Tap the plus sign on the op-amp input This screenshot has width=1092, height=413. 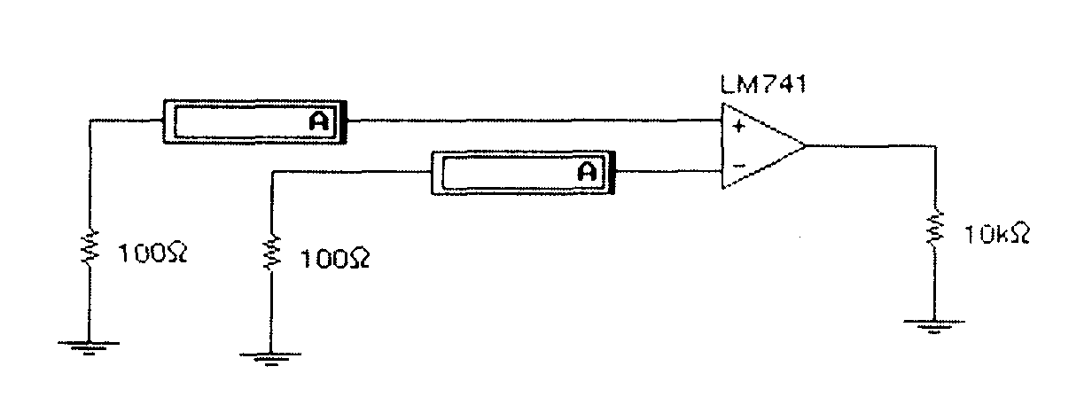tap(737, 126)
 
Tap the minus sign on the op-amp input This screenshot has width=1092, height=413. tap(737, 165)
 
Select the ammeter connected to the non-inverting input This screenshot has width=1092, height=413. tap(254, 121)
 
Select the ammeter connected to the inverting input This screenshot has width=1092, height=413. tap(521, 172)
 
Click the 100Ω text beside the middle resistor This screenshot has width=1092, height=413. tap(335, 259)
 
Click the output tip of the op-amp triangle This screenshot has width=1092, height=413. tap(805, 145)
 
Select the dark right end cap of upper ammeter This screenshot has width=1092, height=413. tap(345, 121)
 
